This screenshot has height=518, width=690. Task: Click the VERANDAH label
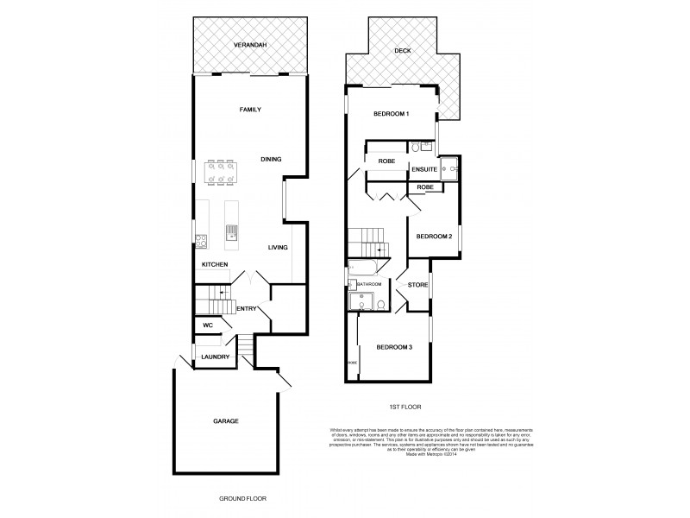point(250,45)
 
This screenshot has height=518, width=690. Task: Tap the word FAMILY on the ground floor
point(250,110)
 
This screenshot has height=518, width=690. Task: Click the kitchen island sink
point(232,231)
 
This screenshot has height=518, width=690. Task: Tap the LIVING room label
point(277,248)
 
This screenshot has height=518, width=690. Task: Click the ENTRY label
point(247,308)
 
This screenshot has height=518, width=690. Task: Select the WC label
point(207,325)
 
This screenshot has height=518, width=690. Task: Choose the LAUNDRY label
point(215,357)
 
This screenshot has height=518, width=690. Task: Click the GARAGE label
point(226,420)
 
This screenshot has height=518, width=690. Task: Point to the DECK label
point(403,51)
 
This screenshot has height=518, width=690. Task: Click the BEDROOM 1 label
point(391,115)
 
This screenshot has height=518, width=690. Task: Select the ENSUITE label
point(423,169)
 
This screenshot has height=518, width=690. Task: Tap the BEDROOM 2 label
point(434,236)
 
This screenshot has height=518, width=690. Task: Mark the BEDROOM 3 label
point(393,347)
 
